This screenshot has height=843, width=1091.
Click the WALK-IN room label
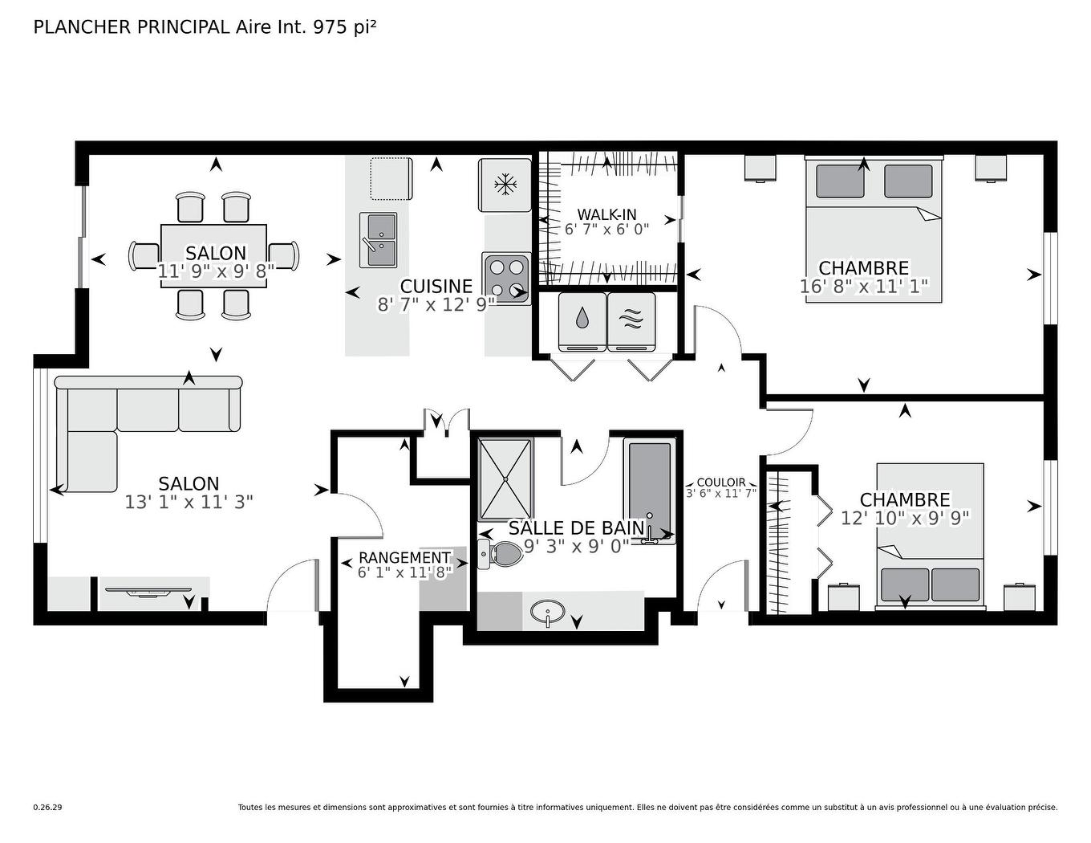coord(606,214)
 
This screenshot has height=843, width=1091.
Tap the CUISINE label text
coord(436,287)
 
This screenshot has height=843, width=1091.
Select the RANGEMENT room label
coord(404,557)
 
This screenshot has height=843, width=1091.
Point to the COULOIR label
coord(721,483)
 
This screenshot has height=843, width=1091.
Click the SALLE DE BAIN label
coord(577,528)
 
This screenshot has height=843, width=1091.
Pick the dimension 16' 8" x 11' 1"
coord(863,287)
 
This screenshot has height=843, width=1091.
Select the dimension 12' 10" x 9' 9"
coord(905,518)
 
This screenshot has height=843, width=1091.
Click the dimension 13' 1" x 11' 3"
coord(189,502)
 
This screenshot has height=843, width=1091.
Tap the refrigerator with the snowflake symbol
coord(505,185)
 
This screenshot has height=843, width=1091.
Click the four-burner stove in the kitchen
coord(506,278)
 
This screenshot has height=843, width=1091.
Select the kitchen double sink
coord(378,239)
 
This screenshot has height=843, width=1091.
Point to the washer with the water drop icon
coord(582,320)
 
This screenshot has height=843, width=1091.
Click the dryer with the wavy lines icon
coord(631,320)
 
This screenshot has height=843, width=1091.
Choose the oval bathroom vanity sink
coord(548,613)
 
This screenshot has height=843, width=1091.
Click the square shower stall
coord(505,479)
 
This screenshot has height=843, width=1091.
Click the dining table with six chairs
coord(214,255)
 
